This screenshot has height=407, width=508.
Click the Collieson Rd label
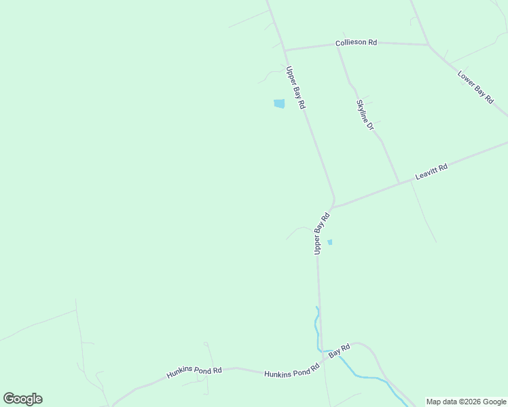point(356,43)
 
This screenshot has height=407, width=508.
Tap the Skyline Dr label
point(365,115)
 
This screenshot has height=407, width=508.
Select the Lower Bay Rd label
point(475,87)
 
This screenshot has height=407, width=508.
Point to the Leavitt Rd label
point(431,172)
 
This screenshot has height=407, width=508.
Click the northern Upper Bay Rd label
point(296,88)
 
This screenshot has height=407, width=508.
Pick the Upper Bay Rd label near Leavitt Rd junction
point(321,233)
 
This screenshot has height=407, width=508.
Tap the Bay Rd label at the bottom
point(339,351)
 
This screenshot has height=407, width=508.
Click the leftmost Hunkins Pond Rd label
point(194,372)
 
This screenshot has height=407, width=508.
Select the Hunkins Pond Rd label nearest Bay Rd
point(291,372)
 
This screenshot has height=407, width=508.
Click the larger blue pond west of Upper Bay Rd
point(279,104)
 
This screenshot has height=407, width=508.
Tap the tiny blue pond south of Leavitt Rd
point(330,242)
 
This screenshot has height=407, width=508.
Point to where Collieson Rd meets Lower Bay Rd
point(428,45)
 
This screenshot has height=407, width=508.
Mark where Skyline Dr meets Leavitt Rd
point(399,183)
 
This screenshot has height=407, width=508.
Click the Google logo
point(22,399)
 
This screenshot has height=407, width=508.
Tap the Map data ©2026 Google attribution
point(467,402)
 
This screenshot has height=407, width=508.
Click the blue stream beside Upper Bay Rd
point(316,326)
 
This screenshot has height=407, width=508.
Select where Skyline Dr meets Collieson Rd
point(338,46)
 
